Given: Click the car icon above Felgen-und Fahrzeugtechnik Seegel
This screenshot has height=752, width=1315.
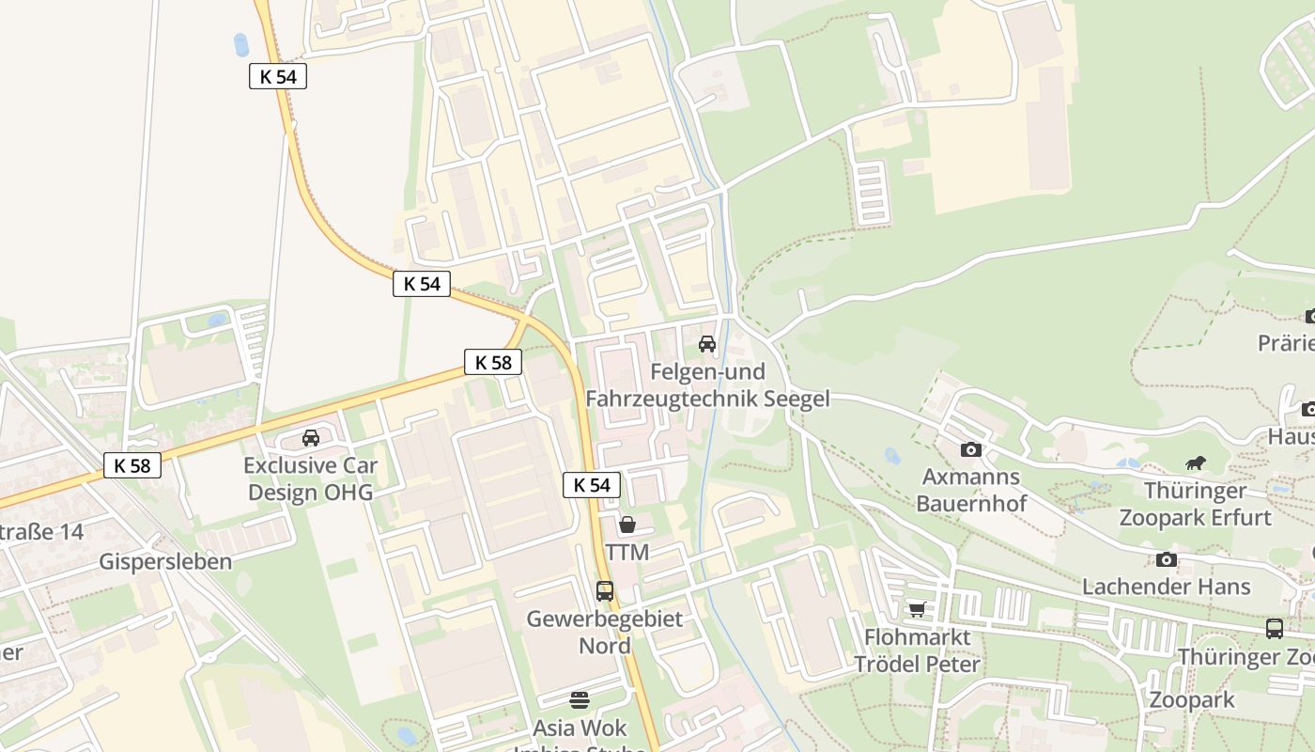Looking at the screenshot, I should tap(707, 344).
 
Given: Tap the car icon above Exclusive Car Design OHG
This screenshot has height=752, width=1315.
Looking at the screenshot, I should tap(311, 437).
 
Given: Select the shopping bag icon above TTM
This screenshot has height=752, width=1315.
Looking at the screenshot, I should tap(627, 525).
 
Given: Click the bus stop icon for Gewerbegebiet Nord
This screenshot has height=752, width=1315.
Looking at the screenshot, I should tap(605, 591).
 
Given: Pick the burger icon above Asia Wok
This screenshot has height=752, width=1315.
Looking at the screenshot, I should tap(580, 699).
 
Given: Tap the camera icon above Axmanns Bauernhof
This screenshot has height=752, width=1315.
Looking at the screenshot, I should tap(971, 449).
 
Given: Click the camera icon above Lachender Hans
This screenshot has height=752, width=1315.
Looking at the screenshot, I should tap(1166, 559).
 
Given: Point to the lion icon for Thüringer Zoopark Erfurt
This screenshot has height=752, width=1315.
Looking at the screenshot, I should tap(1195, 462).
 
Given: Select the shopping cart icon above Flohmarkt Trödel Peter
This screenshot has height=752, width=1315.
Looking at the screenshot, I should tap(917, 609).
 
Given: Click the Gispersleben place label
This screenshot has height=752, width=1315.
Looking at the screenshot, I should tap(165, 562).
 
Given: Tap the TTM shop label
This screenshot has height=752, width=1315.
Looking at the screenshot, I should tap(627, 552).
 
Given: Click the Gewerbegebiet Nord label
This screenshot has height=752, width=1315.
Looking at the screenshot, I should tap(605, 633).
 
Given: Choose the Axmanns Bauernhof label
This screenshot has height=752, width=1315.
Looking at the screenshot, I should tap(971, 490).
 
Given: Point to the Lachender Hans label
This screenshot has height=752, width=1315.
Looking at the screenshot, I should tap(1166, 587).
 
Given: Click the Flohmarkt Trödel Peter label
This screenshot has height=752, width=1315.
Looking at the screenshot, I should tap(917, 650).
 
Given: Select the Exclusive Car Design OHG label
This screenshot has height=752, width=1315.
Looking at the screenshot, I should tap(310, 478).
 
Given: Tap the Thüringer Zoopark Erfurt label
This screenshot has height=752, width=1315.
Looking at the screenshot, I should tap(1195, 504).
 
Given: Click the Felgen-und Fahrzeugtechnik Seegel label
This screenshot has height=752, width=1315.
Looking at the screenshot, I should tap(707, 385).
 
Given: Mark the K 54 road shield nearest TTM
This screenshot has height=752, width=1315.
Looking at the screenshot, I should tap(592, 485).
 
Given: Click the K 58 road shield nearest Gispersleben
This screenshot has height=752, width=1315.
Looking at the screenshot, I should tap(132, 464).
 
